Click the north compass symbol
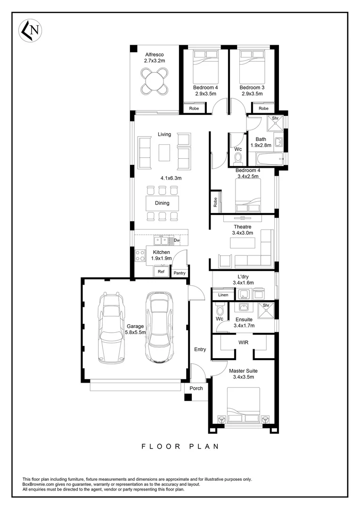pyautogui.click(x=29, y=31)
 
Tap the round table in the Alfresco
pyautogui.click(x=155, y=81)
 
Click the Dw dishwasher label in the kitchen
pyautogui.click(x=177, y=240)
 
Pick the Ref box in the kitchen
pyautogui.click(x=161, y=272)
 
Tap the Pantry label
pyautogui.click(x=180, y=273)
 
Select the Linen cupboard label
pyautogui.click(x=223, y=295)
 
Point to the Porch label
pyautogui.click(x=196, y=388)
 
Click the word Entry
pyautogui.click(x=200, y=349)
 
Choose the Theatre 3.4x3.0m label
pyautogui.click(x=243, y=230)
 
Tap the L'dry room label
pyautogui.click(x=243, y=279)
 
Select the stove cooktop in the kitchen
pyautogui.click(x=140, y=255)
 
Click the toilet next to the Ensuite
pyautogui.click(x=219, y=309)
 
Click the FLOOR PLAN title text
pyautogui.click(x=180, y=446)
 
